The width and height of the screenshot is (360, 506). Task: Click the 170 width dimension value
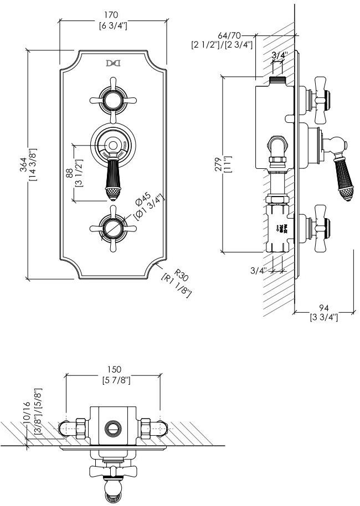point(114,14)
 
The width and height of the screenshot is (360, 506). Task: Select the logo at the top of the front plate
point(113,64)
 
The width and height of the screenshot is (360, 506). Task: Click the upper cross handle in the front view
point(113,100)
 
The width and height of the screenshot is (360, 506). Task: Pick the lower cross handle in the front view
point(113,228)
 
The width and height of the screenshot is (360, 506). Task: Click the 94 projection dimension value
point(323,307)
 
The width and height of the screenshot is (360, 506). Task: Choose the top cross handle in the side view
point(321,100)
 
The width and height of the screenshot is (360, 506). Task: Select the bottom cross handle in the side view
point(321,228)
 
